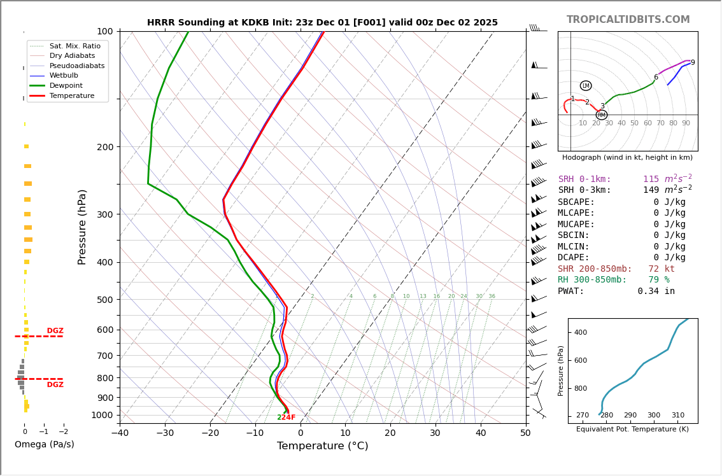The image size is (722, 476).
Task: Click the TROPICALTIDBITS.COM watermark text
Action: [628, 20]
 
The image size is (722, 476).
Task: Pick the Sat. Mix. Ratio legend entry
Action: [74, 46]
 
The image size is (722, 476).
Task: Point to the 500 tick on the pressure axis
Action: [104, 300]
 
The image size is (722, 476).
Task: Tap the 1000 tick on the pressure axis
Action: [102, 415]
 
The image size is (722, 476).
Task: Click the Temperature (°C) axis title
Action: [322, 446]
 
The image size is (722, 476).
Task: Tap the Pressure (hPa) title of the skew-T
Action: [82, 227]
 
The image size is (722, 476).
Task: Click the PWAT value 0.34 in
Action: [656, 291]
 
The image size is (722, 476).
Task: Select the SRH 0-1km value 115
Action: [651, 179]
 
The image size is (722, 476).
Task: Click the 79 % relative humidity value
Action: [658, 280]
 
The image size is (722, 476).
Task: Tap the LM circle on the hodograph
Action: [586, 85]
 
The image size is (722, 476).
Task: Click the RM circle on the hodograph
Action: [601, 115]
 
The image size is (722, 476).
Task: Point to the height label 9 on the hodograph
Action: [693, 63]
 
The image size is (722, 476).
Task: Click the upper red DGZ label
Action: [55, 331]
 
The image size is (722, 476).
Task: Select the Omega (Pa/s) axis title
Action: [45, 445]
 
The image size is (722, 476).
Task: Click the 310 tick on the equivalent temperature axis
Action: [677, 416]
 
